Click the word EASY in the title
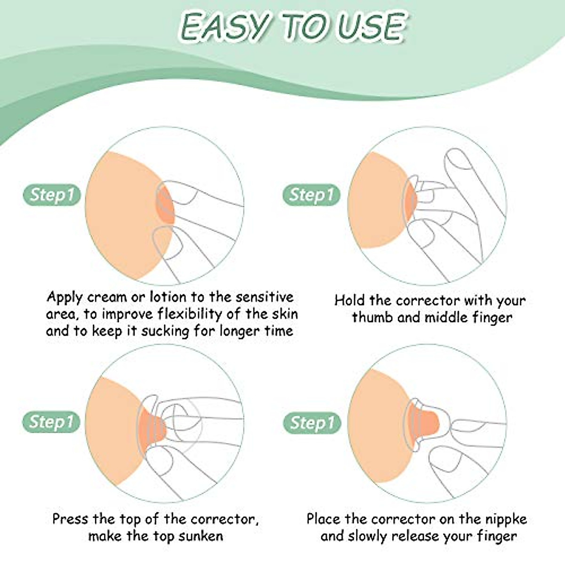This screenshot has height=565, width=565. click(225, 27)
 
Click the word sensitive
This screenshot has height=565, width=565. click(265, 298)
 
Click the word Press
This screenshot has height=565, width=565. click(71, 519)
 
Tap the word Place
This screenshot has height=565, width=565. click(324, 519)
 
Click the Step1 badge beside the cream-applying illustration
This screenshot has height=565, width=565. click(52, 195)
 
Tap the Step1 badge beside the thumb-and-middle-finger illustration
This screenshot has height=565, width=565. click(311, 195)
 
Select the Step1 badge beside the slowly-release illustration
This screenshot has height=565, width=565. click(311, 423)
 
